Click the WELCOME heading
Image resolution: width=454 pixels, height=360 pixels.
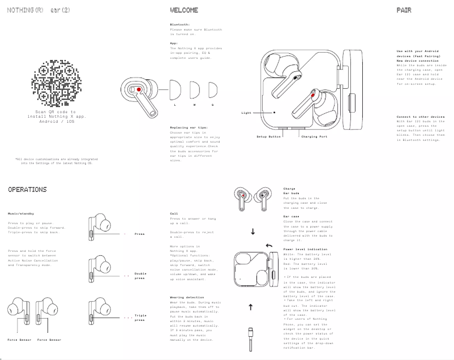coord(184,10)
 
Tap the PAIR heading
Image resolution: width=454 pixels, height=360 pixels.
coord(404,10)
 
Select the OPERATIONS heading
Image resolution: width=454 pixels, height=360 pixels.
coord(27,190)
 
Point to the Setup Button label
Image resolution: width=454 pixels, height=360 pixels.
coord(269,137)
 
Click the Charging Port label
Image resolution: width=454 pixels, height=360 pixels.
coord(314,137)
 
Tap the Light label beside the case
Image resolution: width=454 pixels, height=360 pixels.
coord(246,113)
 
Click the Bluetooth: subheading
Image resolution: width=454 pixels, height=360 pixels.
coord(181,24)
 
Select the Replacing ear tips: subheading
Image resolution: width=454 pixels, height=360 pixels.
coord(189,127)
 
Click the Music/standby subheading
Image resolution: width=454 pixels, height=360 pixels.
coord(21,214)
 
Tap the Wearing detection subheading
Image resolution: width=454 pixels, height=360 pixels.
coord(187,297)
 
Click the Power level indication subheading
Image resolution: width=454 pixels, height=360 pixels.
coord(305,249)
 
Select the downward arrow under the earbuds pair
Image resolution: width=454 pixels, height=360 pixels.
coord(252,231)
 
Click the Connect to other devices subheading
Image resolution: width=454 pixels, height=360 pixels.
coord(421,117)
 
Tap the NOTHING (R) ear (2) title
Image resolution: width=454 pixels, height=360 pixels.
coord(30,10)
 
